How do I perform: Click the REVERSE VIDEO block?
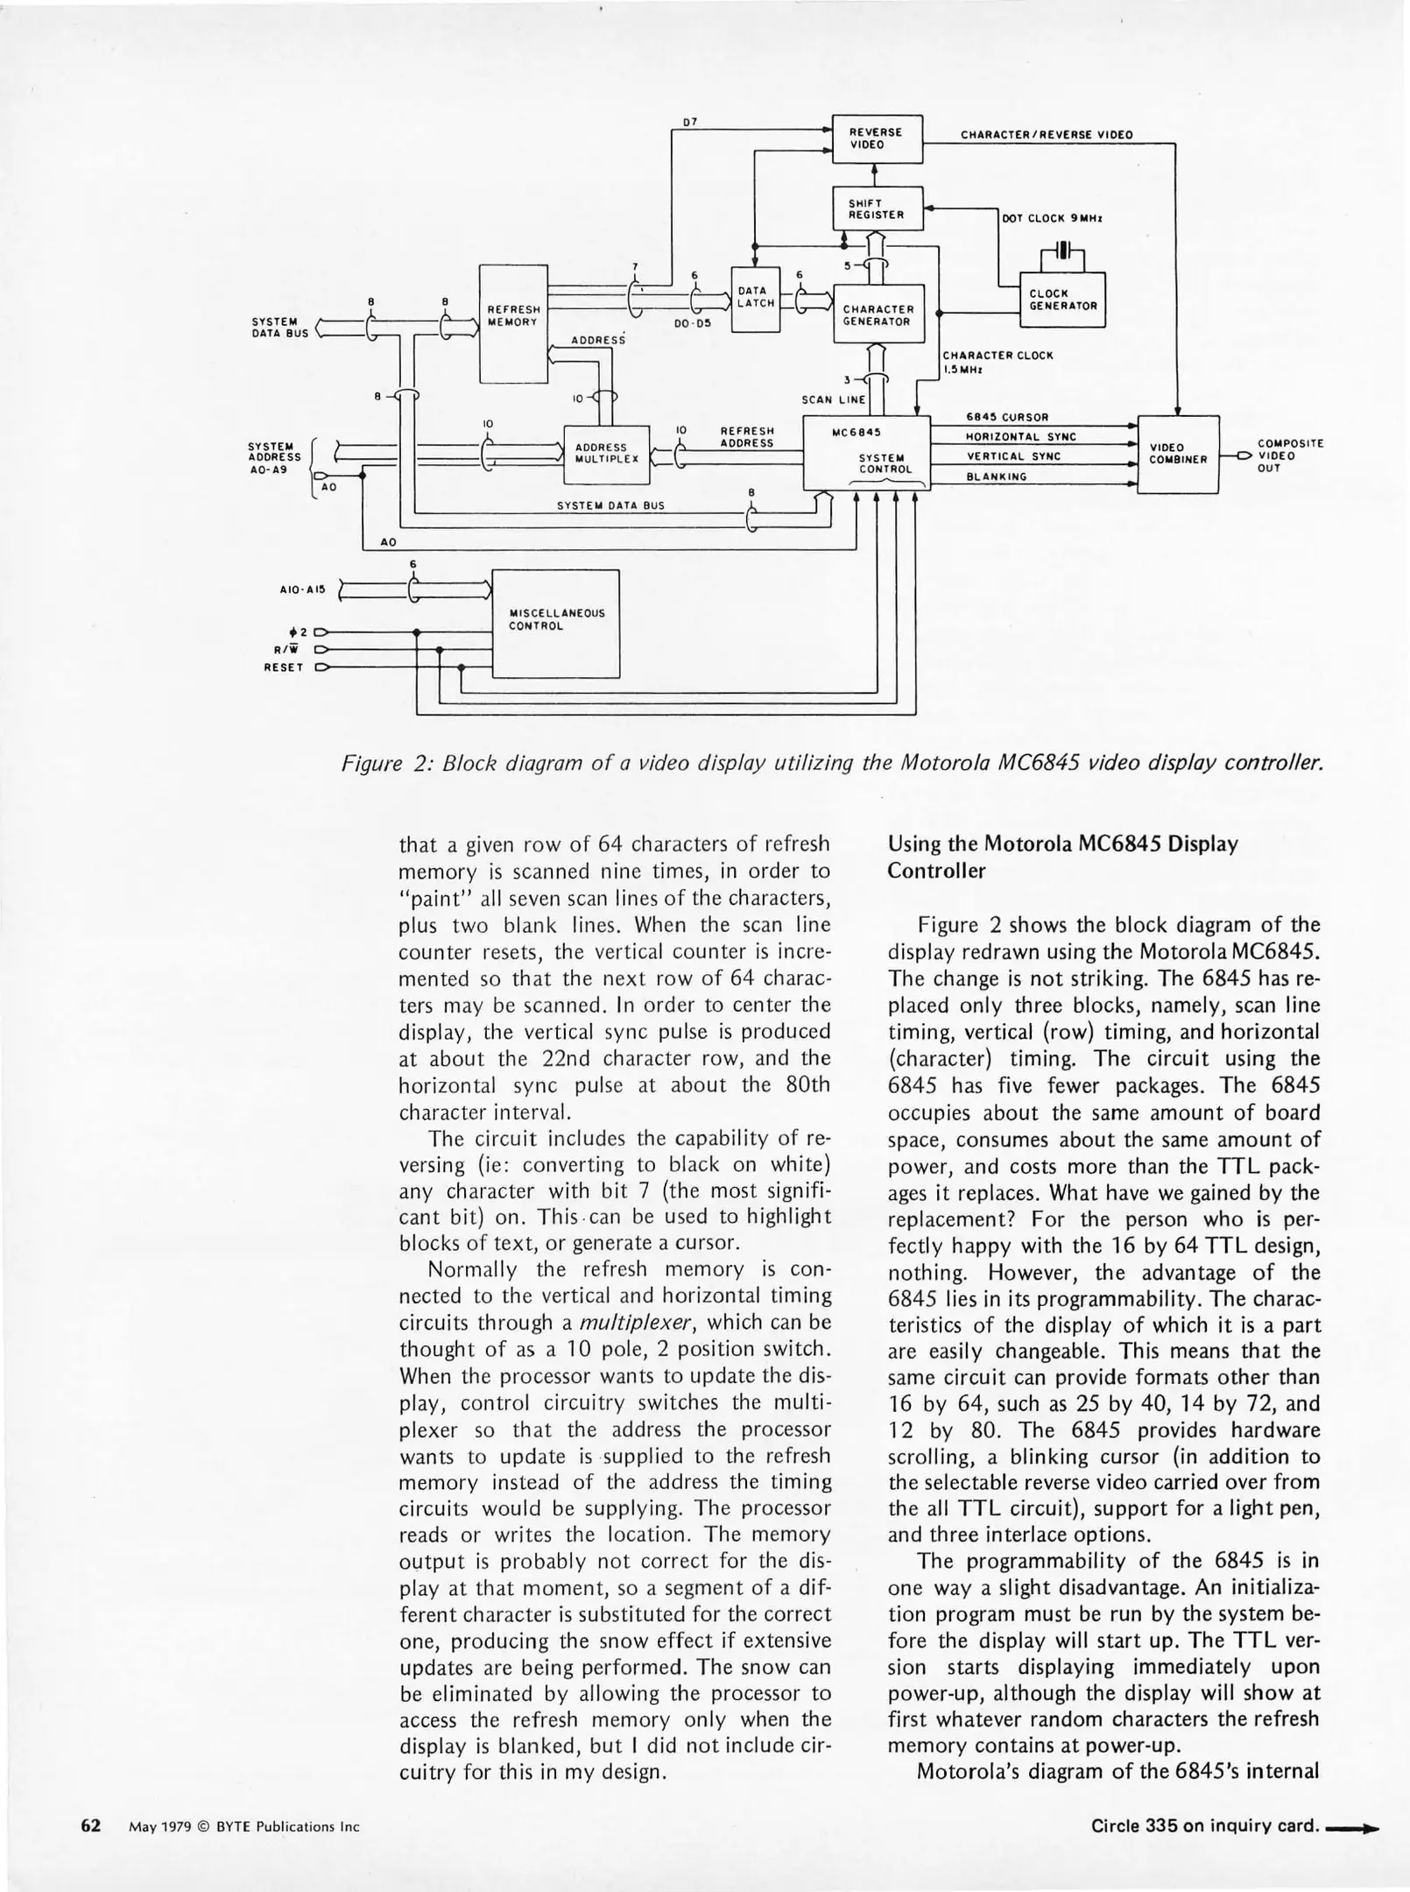pyautogui.click(x=877, y=138)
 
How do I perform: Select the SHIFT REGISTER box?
pyautogui.click(x=877, y=208)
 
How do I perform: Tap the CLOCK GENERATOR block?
pyautogui.click(x=1062, y=300)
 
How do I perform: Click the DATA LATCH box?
pyautogui.click(x=755, y=298)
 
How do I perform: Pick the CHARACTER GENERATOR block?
pyautogui.click(x=878, y=314)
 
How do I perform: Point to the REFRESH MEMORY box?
pyautogui.click(x=513, y=322)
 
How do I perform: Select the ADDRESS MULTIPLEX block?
pyautogui.click(x=606, y=453)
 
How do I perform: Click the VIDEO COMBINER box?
pyautogui.click(x=1177, y=454)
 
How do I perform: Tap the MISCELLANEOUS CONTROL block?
pyautogui.click(x=555, y=623)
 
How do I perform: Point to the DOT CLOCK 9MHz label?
pyautogui.click(x=1051, y=219)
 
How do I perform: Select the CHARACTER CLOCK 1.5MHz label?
pyautogui.click(x=997, y=362)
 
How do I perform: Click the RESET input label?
pyautogui.click(x=283, y=667)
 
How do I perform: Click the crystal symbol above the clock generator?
pyautogui.click(x=1062, y=251)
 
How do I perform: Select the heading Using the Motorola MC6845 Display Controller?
pyautogui.click(x=1062, y=858)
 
